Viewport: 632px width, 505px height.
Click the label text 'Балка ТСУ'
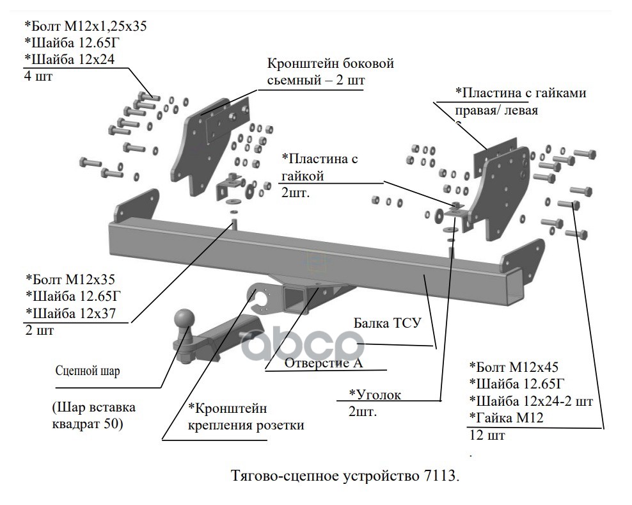coord(388,323)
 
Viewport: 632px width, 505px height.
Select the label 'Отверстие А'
coord(324,363)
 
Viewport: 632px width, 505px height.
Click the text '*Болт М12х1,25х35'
coord(86,26)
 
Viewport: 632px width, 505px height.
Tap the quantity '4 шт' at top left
coord(38,76)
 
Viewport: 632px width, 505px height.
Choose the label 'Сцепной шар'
coord(88,371)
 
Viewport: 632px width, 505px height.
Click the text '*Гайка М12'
coord(506,417)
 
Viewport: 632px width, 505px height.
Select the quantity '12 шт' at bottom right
coord(487,435)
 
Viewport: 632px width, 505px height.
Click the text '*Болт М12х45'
coord(514,367)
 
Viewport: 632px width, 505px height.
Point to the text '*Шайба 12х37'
coord(70,313)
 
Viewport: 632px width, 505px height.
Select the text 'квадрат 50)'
coord(87,424)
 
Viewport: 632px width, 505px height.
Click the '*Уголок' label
coord(375,394)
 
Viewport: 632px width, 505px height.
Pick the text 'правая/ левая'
coord(496,110)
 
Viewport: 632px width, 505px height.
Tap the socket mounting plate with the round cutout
coord(262,300)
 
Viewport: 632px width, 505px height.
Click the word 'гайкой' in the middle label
coord(303,176)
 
